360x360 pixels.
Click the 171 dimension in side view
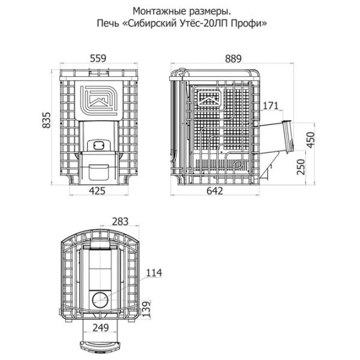tap(271, 106)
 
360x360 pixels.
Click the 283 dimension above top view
tap(120, 221)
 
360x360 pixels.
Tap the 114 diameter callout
tap(154, 273)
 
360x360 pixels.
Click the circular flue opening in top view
tap(100, 298)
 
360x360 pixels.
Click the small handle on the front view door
tap(99, 145)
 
